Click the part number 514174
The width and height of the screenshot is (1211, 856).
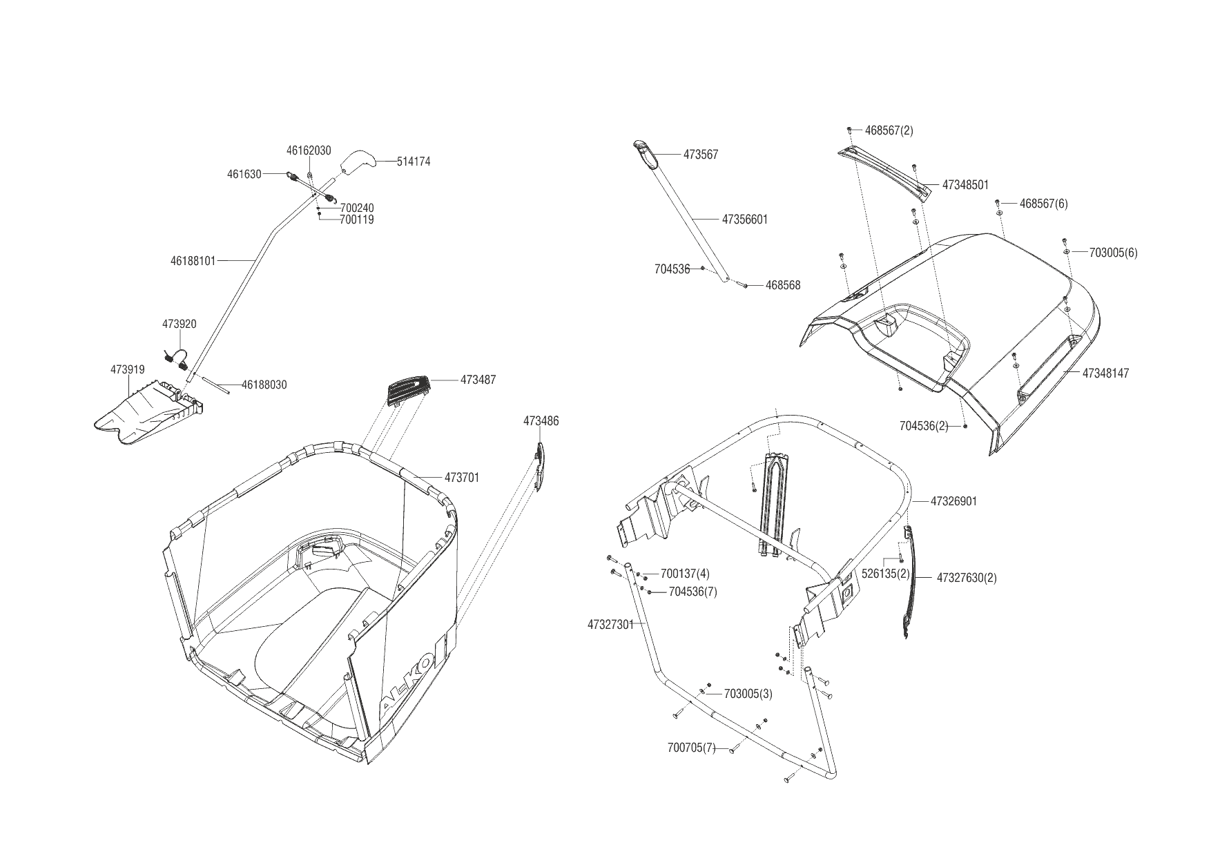[x=414, y=162]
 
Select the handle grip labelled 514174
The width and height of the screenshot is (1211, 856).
[x=357, y=162]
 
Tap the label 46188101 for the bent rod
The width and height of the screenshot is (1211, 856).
[x=193, y=261]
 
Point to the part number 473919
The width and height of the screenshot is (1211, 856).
[x=127, y=370]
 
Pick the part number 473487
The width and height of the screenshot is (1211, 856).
[x=478, y=380]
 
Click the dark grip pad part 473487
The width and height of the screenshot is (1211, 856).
[x=408, y=390]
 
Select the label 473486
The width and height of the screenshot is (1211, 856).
[x=541, y=421]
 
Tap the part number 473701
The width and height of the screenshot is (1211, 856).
[x=461, y=478]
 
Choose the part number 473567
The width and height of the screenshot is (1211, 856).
[x=701, y=155]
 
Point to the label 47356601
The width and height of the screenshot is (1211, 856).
[x=744, y=220]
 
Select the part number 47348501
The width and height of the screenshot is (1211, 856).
[x=965, y=185]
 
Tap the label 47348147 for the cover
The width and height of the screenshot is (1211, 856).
[x=1105, y=373]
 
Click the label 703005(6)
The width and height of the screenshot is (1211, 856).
[x=1113, y=253]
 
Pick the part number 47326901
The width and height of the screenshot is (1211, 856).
[x=953, y=501]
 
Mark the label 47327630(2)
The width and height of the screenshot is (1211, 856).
[x=967, y=578]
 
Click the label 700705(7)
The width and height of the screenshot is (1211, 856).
[x=692, y=748]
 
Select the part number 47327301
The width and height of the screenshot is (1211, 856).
[x=610, y=625]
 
